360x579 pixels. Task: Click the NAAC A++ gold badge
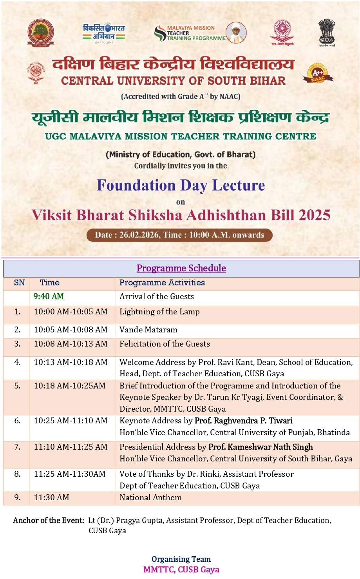[x=317, y=74]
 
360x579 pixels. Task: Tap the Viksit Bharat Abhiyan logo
[x=104, y=33]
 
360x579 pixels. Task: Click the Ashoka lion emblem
[x=326, y=33]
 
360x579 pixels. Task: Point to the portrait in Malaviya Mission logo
[x=236, y=33]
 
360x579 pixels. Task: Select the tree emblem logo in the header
[x=40, y=33]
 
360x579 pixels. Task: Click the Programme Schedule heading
[x=181, y=268]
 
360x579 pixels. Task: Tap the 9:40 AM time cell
[x=49, y=296]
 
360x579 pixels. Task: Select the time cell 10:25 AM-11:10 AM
[x=71, y=421]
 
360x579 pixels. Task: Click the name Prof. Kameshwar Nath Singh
[x=261, y=447]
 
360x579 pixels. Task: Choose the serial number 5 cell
[x=17, y=386]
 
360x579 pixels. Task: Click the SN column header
[x=19, y=283]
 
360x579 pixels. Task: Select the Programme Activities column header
[x=162, y=283]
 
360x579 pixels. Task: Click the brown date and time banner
[x=179, y=235]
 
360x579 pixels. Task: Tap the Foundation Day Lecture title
[x=181, y=185]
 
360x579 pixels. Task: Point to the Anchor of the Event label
[x=49, y=520]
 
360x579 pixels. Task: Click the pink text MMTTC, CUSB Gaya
[x=181, y=570]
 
